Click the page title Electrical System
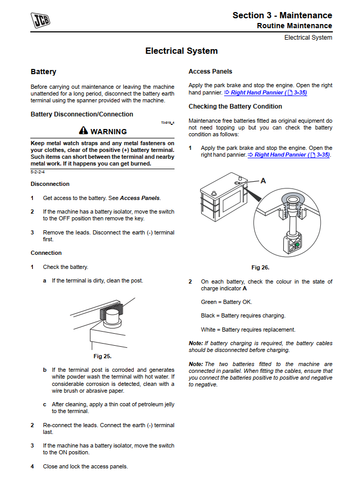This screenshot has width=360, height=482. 181,51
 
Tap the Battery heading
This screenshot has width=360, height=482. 43,72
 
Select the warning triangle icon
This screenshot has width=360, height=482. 84,131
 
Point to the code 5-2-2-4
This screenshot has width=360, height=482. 37,172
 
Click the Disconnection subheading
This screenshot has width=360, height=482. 50,184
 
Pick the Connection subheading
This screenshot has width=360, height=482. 46,253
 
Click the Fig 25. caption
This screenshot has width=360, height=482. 102,356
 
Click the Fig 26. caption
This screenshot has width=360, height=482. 260,267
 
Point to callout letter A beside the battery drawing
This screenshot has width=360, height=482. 263,181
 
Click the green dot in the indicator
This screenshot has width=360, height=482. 297,244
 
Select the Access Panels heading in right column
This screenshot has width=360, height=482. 210,72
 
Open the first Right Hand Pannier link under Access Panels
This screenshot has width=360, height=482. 265,92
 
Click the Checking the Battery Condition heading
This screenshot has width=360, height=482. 235,107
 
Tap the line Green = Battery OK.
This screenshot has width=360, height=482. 226,302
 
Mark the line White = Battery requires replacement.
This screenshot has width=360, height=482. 248,330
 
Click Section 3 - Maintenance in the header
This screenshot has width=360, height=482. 282,15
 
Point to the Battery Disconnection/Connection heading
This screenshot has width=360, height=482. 82,114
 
